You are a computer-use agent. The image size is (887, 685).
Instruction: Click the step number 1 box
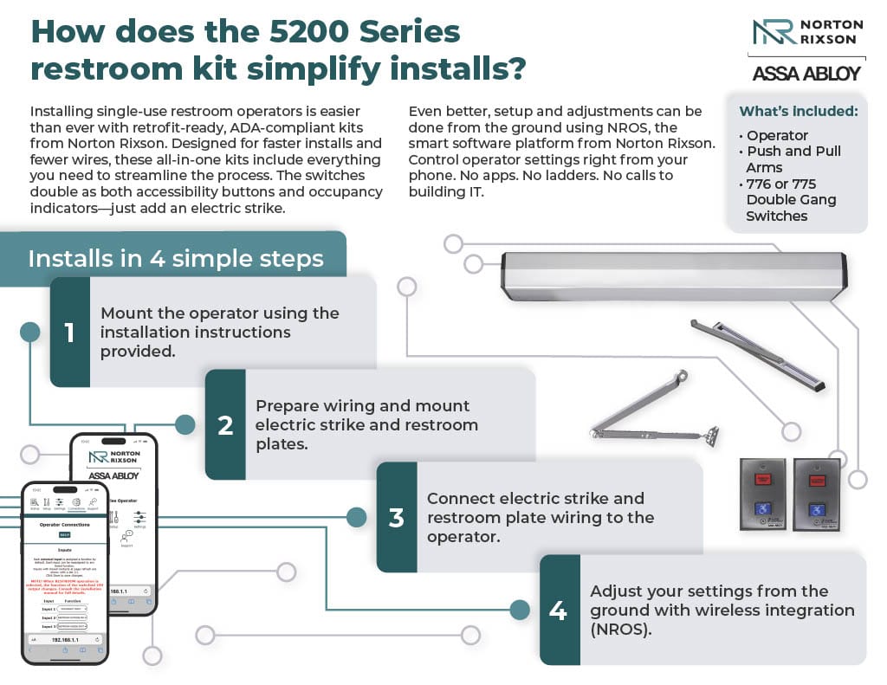(x=70, y=332)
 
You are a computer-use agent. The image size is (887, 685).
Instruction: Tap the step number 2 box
(x=225, y=425)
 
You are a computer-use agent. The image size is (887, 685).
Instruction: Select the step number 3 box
(x=397, y=518)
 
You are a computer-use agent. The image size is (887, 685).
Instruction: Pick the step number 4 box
(x=559, y=610)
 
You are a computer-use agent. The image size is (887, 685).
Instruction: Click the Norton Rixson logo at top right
(x=806, y=32)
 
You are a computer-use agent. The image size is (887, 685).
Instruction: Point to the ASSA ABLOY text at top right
(x=806, y=74)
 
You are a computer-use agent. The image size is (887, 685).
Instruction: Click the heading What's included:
(x=798, y=111)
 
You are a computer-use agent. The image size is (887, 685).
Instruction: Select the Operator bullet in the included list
(x=777, y=135)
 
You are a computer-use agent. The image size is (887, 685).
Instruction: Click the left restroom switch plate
(x=762, y=494)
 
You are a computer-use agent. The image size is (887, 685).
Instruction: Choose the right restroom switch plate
(x=816, y=494)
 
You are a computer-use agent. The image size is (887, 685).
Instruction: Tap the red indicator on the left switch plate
(x=762, y=478)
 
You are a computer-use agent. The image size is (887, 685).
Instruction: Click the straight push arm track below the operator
(x=754, y=355)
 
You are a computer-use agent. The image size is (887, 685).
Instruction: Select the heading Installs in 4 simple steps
(x=176, y=258)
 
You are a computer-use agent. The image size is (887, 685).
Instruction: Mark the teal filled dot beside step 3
(x=356, y=518)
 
